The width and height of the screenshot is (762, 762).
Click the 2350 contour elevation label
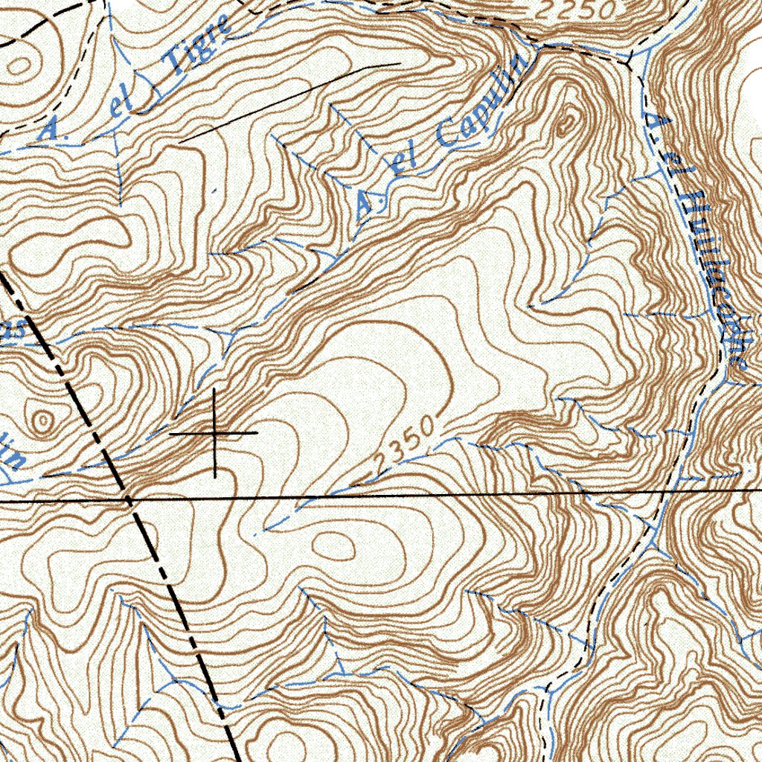click(403, 446)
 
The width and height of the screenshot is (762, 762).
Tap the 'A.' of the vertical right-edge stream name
click(653, 123)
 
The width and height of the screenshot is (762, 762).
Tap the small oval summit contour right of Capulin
click(566, 122)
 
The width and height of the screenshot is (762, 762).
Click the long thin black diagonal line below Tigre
click(290, 101)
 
